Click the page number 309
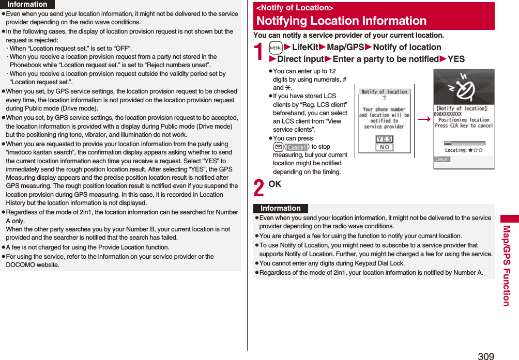point(485,355)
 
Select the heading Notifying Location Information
point(341,21)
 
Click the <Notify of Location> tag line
point(295,8)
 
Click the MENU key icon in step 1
point(276,48)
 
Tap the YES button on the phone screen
point(384,139)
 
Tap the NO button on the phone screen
point(384,147)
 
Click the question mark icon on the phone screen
point(384,98)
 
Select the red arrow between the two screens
point(424,119)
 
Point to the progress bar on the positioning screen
point(464,143)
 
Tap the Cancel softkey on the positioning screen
point(442,160)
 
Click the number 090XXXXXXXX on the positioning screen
point(448,114)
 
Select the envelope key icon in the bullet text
point(277,147)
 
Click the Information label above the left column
point(27,4)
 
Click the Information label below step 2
point(280,209)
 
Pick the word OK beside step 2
point(275,184)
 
